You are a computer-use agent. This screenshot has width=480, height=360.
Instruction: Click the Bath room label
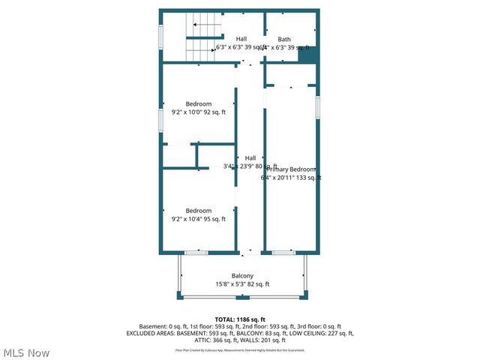(284, 39)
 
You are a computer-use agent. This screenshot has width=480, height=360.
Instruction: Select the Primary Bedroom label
(292, 169)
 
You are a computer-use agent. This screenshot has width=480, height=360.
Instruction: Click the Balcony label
(241, 275)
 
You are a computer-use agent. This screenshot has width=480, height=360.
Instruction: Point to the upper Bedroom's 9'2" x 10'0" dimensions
(198, 112)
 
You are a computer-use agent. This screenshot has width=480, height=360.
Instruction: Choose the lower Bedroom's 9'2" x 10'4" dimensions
(198, 219)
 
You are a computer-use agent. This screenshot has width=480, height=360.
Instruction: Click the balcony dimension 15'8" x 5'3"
(241, 284)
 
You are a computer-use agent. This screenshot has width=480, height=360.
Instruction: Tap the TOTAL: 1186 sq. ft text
(240, 319)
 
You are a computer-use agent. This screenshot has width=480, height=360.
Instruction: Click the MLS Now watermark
(26, 352)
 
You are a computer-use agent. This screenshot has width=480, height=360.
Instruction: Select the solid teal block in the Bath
(307, 55)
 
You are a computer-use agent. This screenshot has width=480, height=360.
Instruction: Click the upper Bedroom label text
(199, 103)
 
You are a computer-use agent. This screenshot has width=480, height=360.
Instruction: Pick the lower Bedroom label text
(199, 211)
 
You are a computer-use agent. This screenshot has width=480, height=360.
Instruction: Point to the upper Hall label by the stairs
(241, 39)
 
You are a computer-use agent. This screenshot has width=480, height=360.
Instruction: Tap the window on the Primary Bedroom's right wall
(318, 107)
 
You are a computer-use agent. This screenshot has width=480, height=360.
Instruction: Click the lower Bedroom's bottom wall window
(196, 253)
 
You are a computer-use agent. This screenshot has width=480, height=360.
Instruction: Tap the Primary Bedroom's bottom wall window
(283, 253)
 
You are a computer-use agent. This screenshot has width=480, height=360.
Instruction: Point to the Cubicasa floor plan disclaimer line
(240, 350)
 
